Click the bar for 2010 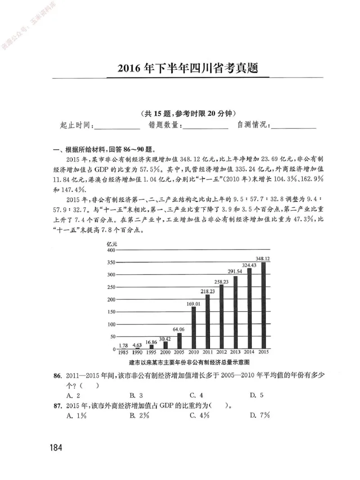193,328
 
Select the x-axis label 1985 123,352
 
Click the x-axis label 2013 235,352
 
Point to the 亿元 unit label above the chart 112,244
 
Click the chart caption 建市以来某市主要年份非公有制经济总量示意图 189,362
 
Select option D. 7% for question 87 260,415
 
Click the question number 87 57,405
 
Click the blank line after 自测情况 294,126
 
